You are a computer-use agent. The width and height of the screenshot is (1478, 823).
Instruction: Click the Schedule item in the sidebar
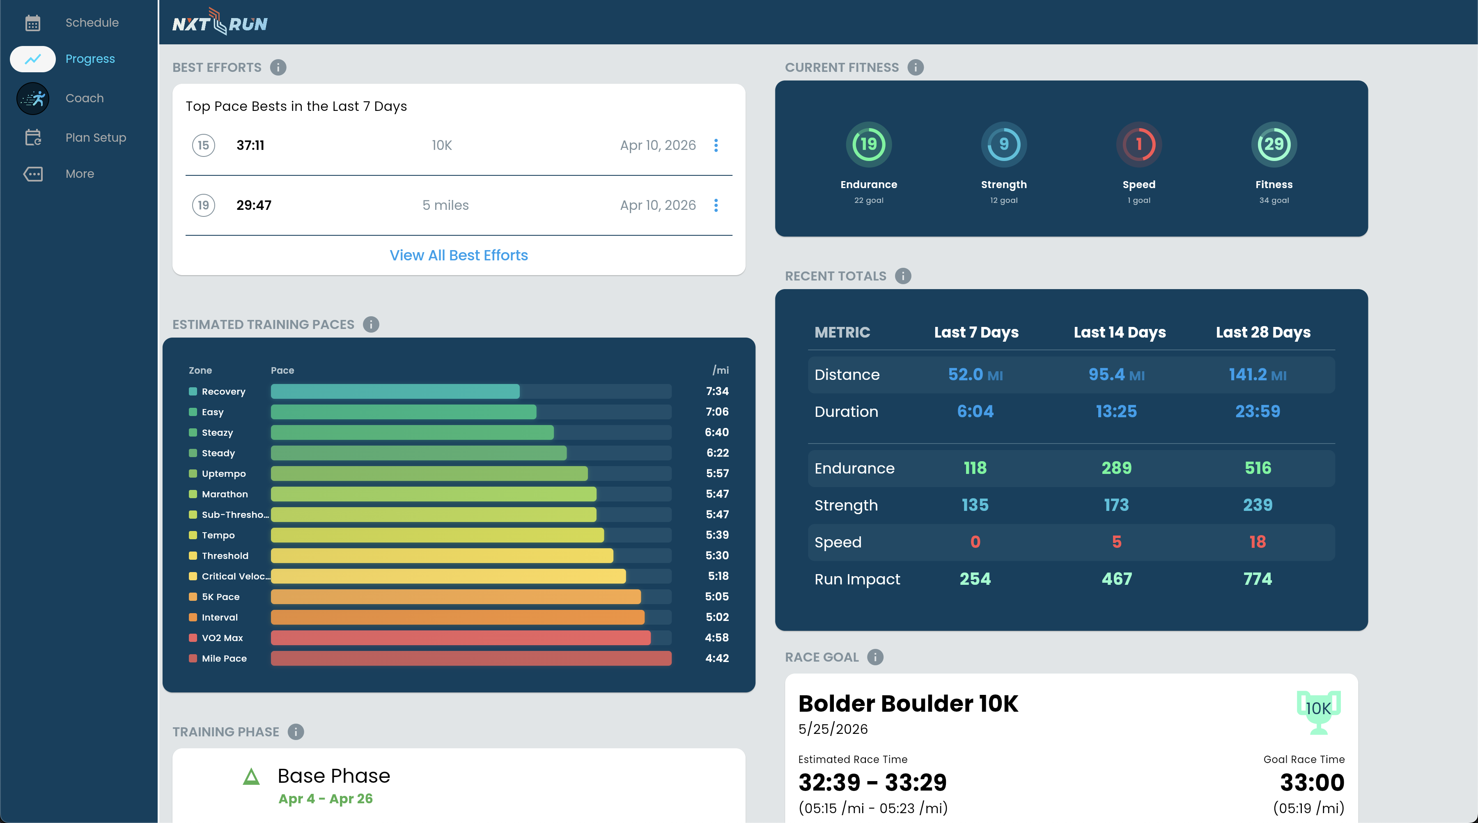coord(91,23)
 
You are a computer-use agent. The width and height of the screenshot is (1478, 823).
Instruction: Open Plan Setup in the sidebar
coord(95,138)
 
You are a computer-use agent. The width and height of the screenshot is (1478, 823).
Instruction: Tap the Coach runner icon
coord(33,99)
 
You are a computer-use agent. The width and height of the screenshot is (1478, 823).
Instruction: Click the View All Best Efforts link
coord(459,255)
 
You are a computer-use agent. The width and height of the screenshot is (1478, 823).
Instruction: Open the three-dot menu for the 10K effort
coord(716,146)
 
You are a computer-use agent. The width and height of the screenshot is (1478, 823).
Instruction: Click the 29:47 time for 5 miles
coord(254,205)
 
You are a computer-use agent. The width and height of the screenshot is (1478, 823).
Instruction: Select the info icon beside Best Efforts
coord(278,68)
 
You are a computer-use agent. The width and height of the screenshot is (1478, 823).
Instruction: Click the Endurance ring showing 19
coord(868,145)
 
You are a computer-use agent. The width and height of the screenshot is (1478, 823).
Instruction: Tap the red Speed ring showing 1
coord(1138,145)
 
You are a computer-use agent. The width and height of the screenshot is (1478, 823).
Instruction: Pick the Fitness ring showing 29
coord(1273,145)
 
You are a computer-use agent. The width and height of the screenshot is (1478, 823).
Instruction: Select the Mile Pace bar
coord(470,658)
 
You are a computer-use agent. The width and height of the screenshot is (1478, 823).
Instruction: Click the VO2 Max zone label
coord(222,638)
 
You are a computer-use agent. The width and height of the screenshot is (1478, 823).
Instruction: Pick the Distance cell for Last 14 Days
coord(1116,375)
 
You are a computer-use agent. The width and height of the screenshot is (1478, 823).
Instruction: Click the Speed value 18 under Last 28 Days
coord(1257,542)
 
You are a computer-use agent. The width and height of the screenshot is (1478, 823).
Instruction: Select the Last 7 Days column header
coord(976,332)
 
